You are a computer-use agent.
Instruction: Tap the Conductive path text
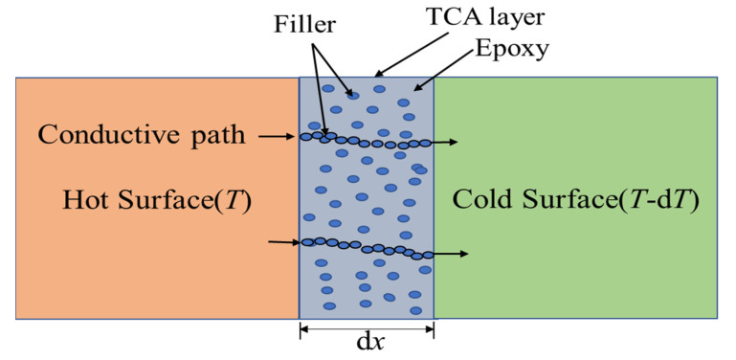tap(141, 137)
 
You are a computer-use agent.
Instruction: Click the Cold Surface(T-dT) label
tap(574, 201)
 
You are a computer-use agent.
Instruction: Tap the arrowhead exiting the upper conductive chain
tap(453, 143)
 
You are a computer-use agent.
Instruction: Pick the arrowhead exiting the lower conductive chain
tap(463, 255)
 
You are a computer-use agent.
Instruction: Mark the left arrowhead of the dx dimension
tap(304, 330)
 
